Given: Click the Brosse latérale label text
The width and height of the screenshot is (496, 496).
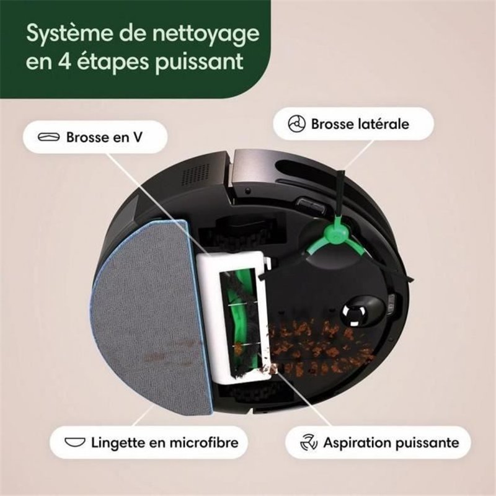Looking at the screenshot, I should click(x=360, y=123).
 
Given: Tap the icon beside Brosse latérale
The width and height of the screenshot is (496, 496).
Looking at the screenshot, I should click(x=297, y=123).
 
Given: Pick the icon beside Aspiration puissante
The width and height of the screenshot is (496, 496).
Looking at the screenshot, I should click(x=308, y=443).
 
